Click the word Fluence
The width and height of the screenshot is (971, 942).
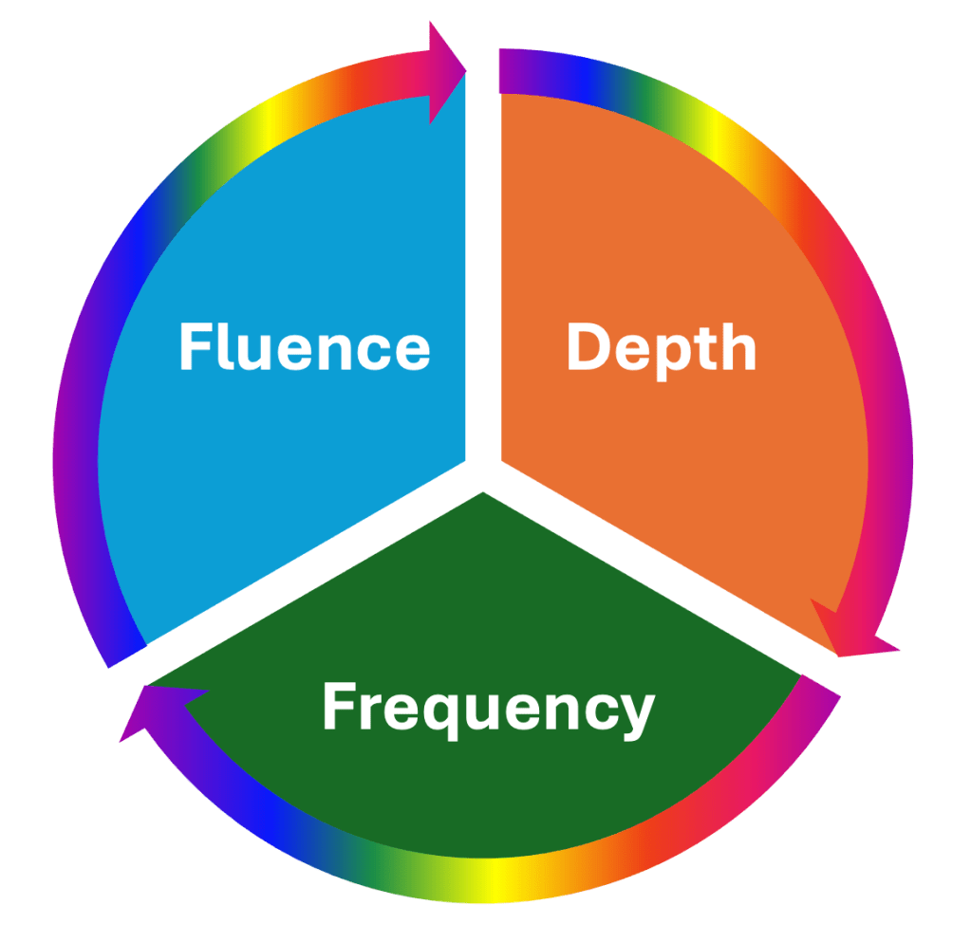click(304, 347)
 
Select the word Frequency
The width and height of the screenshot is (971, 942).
click(488, 708)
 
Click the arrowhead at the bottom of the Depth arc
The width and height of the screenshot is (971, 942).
click(850, 632)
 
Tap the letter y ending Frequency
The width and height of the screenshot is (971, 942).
click(636, 713)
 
